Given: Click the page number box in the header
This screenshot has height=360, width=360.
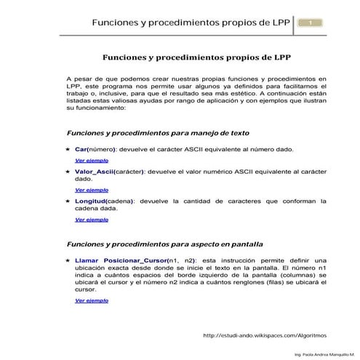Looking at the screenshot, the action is tap(310, 23).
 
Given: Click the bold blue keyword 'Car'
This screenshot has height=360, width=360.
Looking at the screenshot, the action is tap(81, 148).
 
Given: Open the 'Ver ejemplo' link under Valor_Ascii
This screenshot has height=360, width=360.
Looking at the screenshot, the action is tap(92, 189).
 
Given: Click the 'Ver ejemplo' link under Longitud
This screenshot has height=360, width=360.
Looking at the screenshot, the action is tap(92, 218).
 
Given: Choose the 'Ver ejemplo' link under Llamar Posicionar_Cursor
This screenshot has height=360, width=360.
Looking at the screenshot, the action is tap(92, 300).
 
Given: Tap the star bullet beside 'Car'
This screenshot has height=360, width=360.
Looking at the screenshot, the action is tap(68, 148).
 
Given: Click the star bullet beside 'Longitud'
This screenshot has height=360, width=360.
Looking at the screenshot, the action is tap(68, 201).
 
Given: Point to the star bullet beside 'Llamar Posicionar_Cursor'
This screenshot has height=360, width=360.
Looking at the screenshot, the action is tap(68, 260).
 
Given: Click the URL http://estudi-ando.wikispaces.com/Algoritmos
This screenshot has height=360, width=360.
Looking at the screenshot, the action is tap(265, 335).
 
